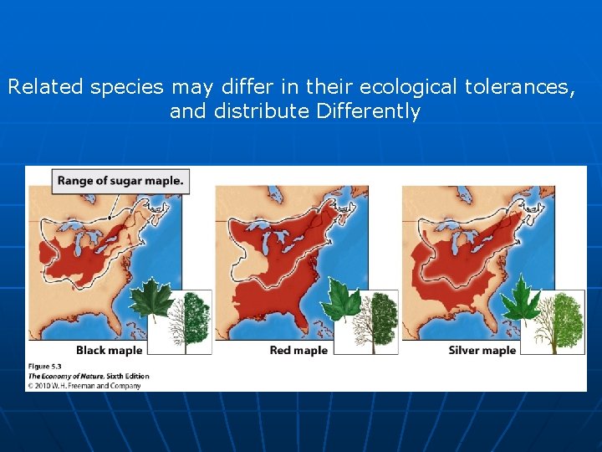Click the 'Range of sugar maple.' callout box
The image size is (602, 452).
(x=120, y=179)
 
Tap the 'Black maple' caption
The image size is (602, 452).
(x=109, y=350)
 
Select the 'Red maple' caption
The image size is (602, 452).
(x=298, y=350)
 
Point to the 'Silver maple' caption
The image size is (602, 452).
(x=482, y=350)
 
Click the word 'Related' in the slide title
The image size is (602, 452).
(x=43, y=87)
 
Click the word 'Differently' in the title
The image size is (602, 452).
(x=368, y=111)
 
